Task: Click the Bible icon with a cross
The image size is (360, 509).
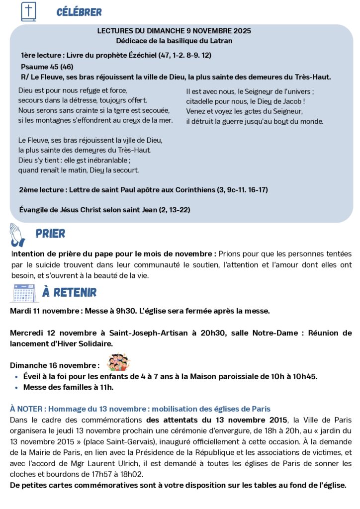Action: coord(29,11)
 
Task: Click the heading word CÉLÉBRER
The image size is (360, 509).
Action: coord(79,12)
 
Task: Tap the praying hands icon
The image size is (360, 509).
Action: coord(17,235)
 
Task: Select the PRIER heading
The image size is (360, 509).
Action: coord(50,234)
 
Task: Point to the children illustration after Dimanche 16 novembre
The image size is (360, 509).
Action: coord(119,362)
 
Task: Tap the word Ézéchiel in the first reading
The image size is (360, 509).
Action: coord(138,55)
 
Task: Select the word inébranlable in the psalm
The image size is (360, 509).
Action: coord(105,160)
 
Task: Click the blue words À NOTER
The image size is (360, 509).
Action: coord(27,409)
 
